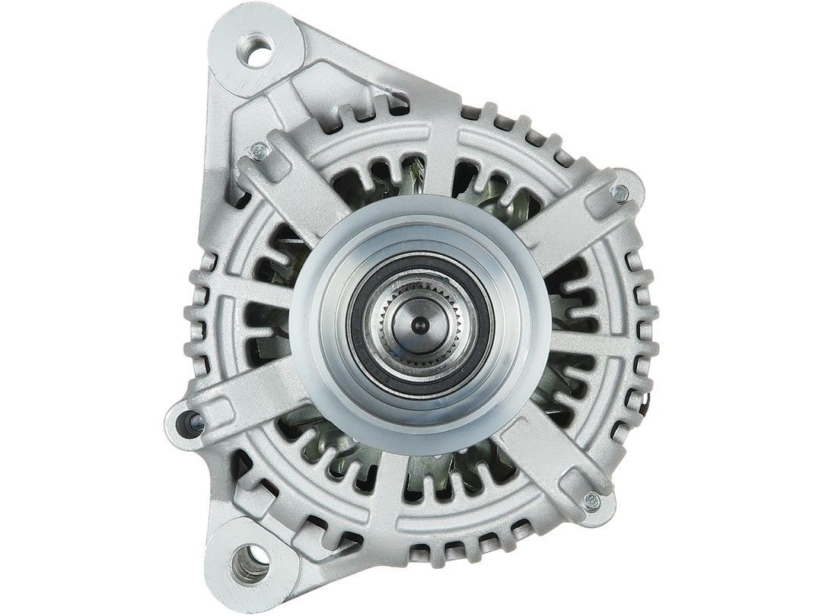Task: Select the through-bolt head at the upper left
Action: point(260,151)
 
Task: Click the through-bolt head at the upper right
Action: point(620,193)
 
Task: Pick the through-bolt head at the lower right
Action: point(591,500)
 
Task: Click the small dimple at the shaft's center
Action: point(416,324)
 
